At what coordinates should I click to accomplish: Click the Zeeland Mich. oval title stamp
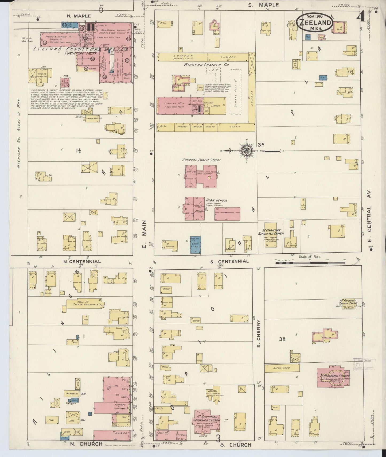pos(315,23)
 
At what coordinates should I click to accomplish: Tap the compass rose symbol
pos(245,151)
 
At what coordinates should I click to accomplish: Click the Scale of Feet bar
pos(310,263)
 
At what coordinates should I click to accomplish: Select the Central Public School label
pos(201,160)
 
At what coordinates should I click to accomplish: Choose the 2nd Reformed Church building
pos(333,377)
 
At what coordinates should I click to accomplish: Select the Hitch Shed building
pos(282,368)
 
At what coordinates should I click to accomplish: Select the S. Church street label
pos(236,445)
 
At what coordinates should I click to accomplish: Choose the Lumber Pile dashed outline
pos(235,92)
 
